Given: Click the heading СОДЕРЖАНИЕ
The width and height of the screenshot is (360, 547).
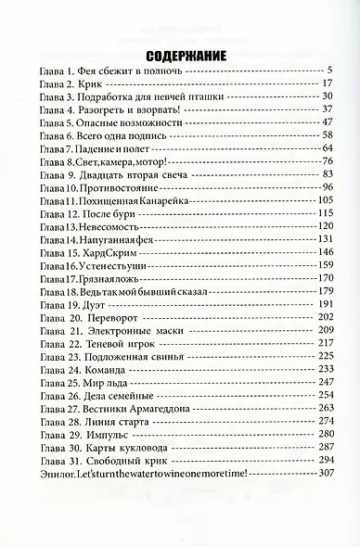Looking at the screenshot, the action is (x=180, y=53).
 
